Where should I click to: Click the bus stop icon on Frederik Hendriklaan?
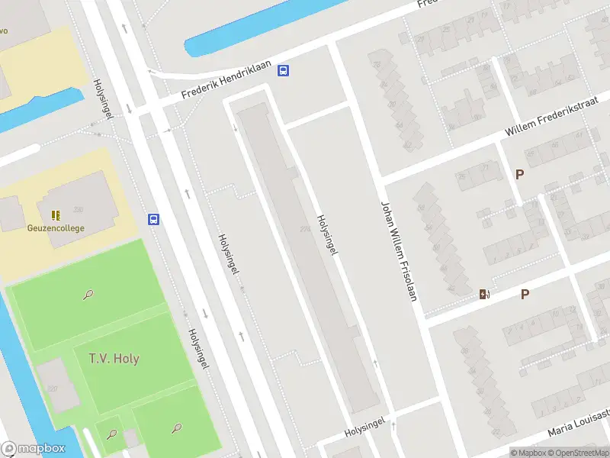pyautogui.click(x=284, y=71)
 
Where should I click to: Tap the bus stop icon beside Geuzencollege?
pyautogui.click(x=154, y=220)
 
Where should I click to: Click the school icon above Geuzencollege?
pyautogui.click(x=55, y=215)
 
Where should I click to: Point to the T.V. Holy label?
pyautogui.click(x=114, y=358)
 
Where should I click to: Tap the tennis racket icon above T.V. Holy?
pyautogui.click(x=90, y=294)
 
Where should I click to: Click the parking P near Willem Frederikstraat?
pyautogui.click(x=520, y=174)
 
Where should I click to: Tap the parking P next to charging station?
pyautogui.click(x=525, y=294)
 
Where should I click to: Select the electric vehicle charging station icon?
pyautogui.click(x=483, y=294)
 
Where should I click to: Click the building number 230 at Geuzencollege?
pyautogui.click(x=78, y=210)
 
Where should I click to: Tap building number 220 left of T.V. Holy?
pyautogui.click(x=52, y=389)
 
